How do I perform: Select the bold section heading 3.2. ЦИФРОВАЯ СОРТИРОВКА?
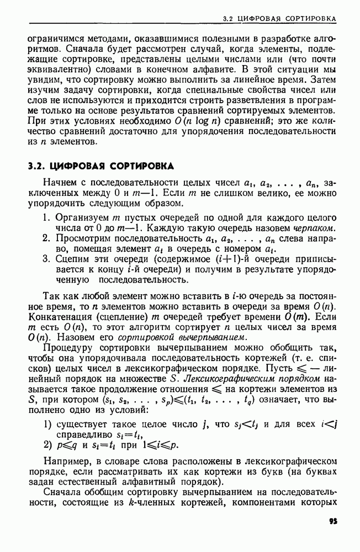click(101, 166)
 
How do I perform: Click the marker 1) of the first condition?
click(47, 424)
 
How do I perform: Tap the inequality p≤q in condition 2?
click(68, 445)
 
